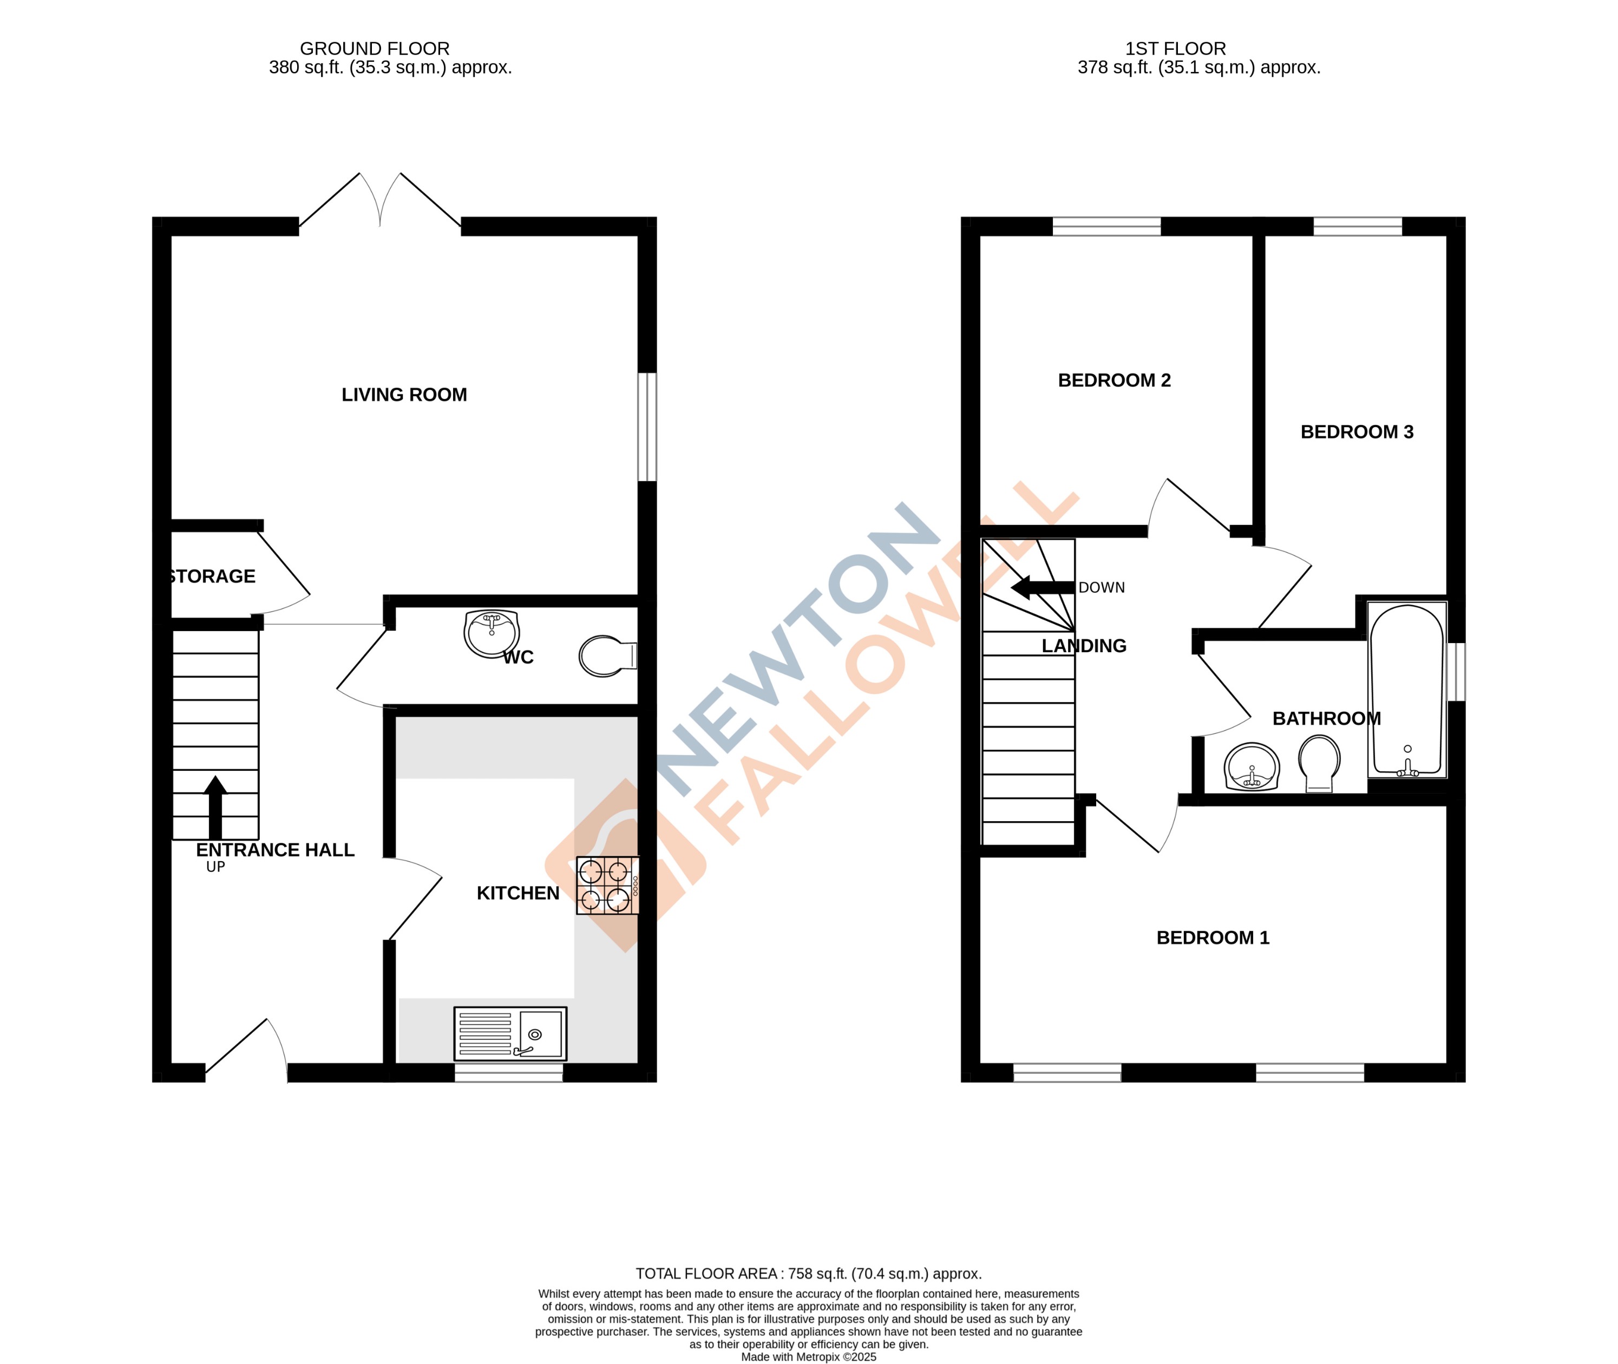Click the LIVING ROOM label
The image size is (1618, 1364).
click(404, 395)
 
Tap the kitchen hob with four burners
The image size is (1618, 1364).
click(607, 886)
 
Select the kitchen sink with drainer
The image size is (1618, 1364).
click(510, 1033)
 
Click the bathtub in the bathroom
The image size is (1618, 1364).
click(1406, 690)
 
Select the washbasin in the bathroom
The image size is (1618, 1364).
click(1252, 767)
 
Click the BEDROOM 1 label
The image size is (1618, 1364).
click(1212, 938)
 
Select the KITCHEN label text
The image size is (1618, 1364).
click(518, 893)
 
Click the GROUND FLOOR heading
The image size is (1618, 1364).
click(375, 49)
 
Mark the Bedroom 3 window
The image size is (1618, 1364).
click(1358, 227)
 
